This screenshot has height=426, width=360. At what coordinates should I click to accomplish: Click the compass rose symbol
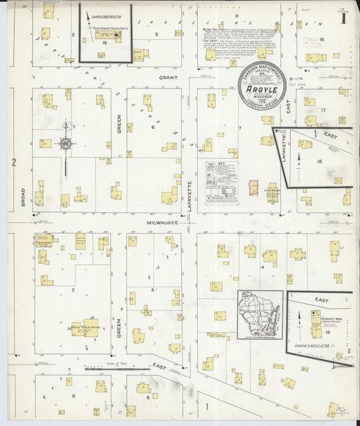click(x=66, y=143)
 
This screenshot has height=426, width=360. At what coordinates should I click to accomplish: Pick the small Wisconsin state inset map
click(x=260, y=315)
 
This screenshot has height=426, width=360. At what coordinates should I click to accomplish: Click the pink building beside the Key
click(x=253, y=188)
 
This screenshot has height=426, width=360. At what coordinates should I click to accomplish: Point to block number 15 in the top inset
click(x=105, y=43)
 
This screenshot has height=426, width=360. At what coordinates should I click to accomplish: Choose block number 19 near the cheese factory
click(x=327, y=333)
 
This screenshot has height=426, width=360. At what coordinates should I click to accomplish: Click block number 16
click(x=322, y=40)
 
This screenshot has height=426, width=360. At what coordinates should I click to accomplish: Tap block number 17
click(x=324, y=109)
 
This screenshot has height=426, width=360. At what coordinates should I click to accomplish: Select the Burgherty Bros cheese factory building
click(x=315, y=323)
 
